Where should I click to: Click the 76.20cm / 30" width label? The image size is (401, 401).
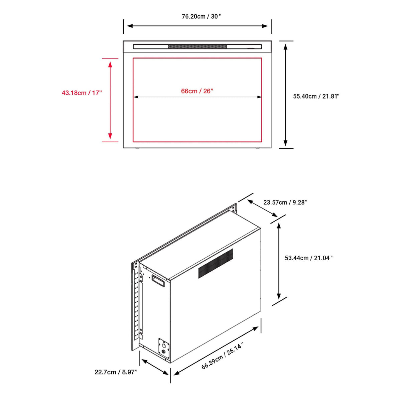(x=202, y=16)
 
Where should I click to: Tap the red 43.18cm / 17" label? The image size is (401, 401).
(x=82, y=93)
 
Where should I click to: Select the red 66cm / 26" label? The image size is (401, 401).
(x=197, y=91)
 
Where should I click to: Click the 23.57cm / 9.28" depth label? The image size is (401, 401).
(x=285, y=202)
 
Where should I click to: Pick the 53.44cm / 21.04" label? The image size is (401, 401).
(x=309, y=258)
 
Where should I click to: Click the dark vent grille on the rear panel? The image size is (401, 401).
(x=216, y=263)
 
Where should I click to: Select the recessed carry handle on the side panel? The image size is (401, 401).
(x=158, y=281)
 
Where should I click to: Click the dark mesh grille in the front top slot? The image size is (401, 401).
(x=197, y=46)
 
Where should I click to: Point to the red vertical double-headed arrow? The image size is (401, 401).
(x=110, y=101)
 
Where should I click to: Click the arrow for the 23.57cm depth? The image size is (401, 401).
(x=262, y=208)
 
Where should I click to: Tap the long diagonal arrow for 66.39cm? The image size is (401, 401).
(x=216, y=351)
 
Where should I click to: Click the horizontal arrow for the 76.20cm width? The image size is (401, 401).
(x=197, y=26)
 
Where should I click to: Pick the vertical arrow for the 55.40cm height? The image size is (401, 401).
(x=285, y=95)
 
